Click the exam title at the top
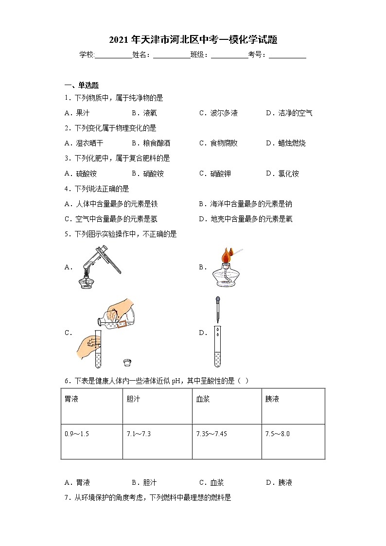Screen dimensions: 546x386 193,40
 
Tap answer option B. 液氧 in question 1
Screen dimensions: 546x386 144,113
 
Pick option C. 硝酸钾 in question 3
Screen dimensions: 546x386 215,174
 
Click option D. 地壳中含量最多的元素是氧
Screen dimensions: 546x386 246,219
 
